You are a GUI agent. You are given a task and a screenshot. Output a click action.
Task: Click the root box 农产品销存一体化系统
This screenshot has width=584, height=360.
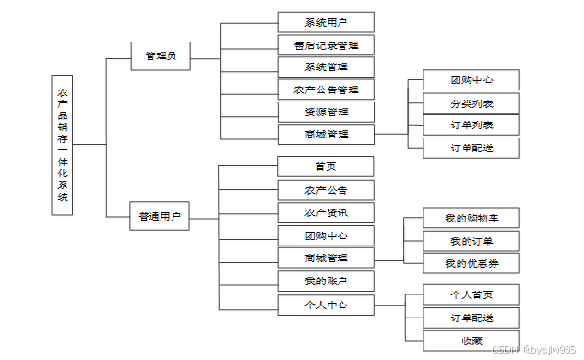[62, 145]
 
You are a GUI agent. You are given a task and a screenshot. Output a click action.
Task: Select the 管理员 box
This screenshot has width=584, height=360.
[161, 56]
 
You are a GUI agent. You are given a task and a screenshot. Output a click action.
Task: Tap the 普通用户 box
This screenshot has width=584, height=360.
[160, 216]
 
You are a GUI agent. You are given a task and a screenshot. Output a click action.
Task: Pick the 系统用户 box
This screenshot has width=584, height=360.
[326, 22]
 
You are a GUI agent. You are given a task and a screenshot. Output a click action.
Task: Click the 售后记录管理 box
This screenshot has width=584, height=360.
[326, 45]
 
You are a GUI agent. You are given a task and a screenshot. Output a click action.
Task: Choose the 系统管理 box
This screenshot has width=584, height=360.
[326, 67]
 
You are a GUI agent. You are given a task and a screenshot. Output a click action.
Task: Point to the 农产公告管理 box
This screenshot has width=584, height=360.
[326, 90]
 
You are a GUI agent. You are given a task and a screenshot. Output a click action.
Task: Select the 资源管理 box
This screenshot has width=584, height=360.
[326, 112]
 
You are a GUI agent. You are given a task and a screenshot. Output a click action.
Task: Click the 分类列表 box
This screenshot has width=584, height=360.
[471, 103]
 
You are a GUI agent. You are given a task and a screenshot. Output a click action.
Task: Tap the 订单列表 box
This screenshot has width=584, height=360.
[471, 126]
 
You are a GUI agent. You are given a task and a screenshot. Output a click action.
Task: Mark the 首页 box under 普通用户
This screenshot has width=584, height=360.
[326, 166]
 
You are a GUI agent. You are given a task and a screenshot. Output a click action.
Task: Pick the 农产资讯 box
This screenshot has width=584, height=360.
[326, 213]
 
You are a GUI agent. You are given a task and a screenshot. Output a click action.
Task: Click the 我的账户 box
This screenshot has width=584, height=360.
[326, 281]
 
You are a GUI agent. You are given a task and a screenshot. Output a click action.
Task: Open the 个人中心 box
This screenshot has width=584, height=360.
[326, 306]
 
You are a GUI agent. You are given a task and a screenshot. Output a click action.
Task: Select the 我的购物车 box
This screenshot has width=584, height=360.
[471, 218]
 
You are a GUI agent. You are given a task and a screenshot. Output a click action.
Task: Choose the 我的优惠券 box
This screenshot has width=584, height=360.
[471, 263]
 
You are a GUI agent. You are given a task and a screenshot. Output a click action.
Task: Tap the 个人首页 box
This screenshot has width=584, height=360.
[471, 294]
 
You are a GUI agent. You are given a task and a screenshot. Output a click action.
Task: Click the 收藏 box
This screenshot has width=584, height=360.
[471, 341]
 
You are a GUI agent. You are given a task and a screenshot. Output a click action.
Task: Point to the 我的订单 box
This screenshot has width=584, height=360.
[471, 241]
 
